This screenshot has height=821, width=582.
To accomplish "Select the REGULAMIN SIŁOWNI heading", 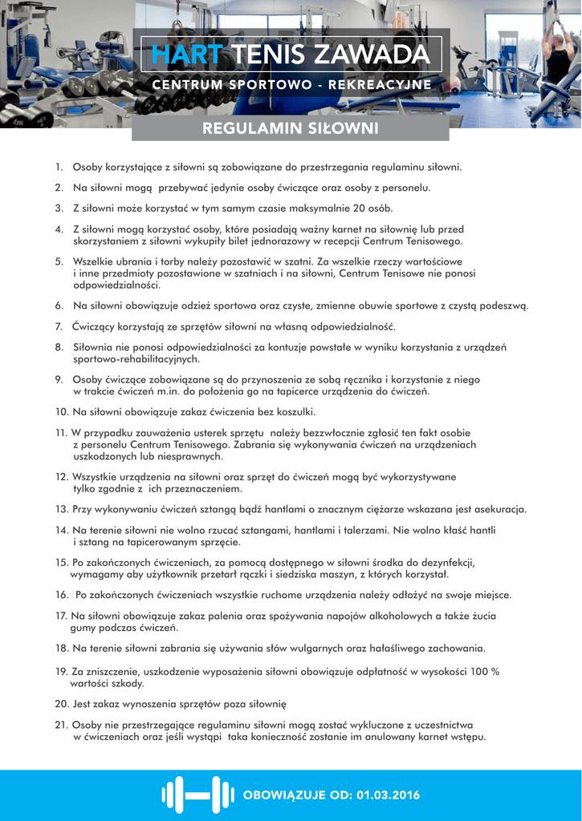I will click(290, 128).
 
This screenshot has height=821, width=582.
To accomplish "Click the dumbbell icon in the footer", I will click(192, 795).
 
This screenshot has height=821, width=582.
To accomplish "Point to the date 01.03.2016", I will click(389, 795).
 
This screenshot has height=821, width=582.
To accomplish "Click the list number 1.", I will click(59, 168).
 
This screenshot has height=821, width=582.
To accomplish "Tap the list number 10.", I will click(61, 413).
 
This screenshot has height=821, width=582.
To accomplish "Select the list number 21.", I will click(61, 725).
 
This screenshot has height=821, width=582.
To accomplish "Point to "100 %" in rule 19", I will click(484, 671).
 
